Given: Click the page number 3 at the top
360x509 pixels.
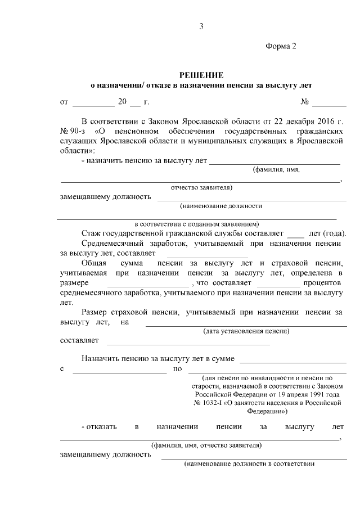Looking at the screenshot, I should point(201,26).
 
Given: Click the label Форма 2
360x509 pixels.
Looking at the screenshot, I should point(280,46).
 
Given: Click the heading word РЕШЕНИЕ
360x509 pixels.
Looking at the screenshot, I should point(201,75).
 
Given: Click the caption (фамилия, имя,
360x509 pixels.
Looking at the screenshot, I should point(276,169).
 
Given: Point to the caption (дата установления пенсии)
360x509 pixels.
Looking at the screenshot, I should point(246,331).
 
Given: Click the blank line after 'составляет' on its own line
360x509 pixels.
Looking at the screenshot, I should point(188,343).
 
